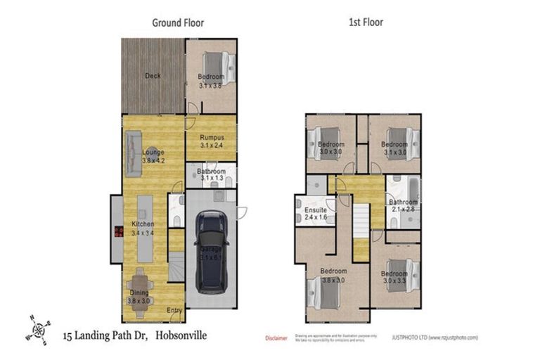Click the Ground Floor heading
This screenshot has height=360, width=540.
[178, 22]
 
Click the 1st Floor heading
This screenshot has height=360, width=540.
[366, 22]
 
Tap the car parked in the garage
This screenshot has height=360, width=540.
[211, 252]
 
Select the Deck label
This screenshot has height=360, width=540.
[153, 76]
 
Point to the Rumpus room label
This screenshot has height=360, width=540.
[211, 141]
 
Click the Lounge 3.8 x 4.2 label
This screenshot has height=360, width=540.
[153, 156]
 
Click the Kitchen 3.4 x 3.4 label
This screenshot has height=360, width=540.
[143, 229]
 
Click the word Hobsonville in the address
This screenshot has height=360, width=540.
[181, 336]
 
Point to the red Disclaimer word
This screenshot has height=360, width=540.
[276, 338]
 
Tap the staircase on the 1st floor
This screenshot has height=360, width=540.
[361, 232]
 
